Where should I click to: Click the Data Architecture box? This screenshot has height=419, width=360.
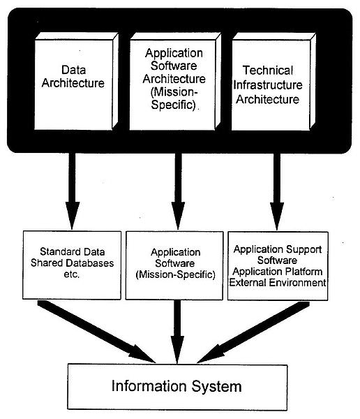(x=76, y=81)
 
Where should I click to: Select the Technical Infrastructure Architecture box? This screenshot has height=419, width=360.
(x=273, y=82)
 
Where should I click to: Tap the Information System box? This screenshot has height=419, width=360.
(x=177, y=387)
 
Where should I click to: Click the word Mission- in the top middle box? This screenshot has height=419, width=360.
(x=174, y=92)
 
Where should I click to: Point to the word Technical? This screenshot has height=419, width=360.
(x=268, y=71)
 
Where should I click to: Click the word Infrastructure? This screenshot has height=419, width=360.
(x=268, y=85)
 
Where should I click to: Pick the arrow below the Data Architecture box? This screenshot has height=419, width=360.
(x=72, y=191)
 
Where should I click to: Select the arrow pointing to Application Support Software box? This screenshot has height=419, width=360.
(x=277, y=191)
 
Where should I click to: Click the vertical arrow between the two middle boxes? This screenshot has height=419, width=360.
(x=178, y=191)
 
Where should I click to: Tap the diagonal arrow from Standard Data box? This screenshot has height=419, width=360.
(x=96, y=332)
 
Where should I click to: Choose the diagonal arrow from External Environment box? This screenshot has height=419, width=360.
(x=253, y=332)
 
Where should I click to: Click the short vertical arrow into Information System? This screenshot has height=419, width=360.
(x=177, y=332)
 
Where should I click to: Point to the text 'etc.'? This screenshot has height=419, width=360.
(x=72, y=274)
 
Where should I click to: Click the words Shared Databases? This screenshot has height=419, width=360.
(x=72, y=263)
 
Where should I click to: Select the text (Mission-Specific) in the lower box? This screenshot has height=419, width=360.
(x=175, y=274)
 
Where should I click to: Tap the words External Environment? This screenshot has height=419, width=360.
(x=278, y=282)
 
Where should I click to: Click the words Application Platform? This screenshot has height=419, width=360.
(x=278, y=272)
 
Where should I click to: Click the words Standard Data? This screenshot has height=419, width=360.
(x=72, y=251)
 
